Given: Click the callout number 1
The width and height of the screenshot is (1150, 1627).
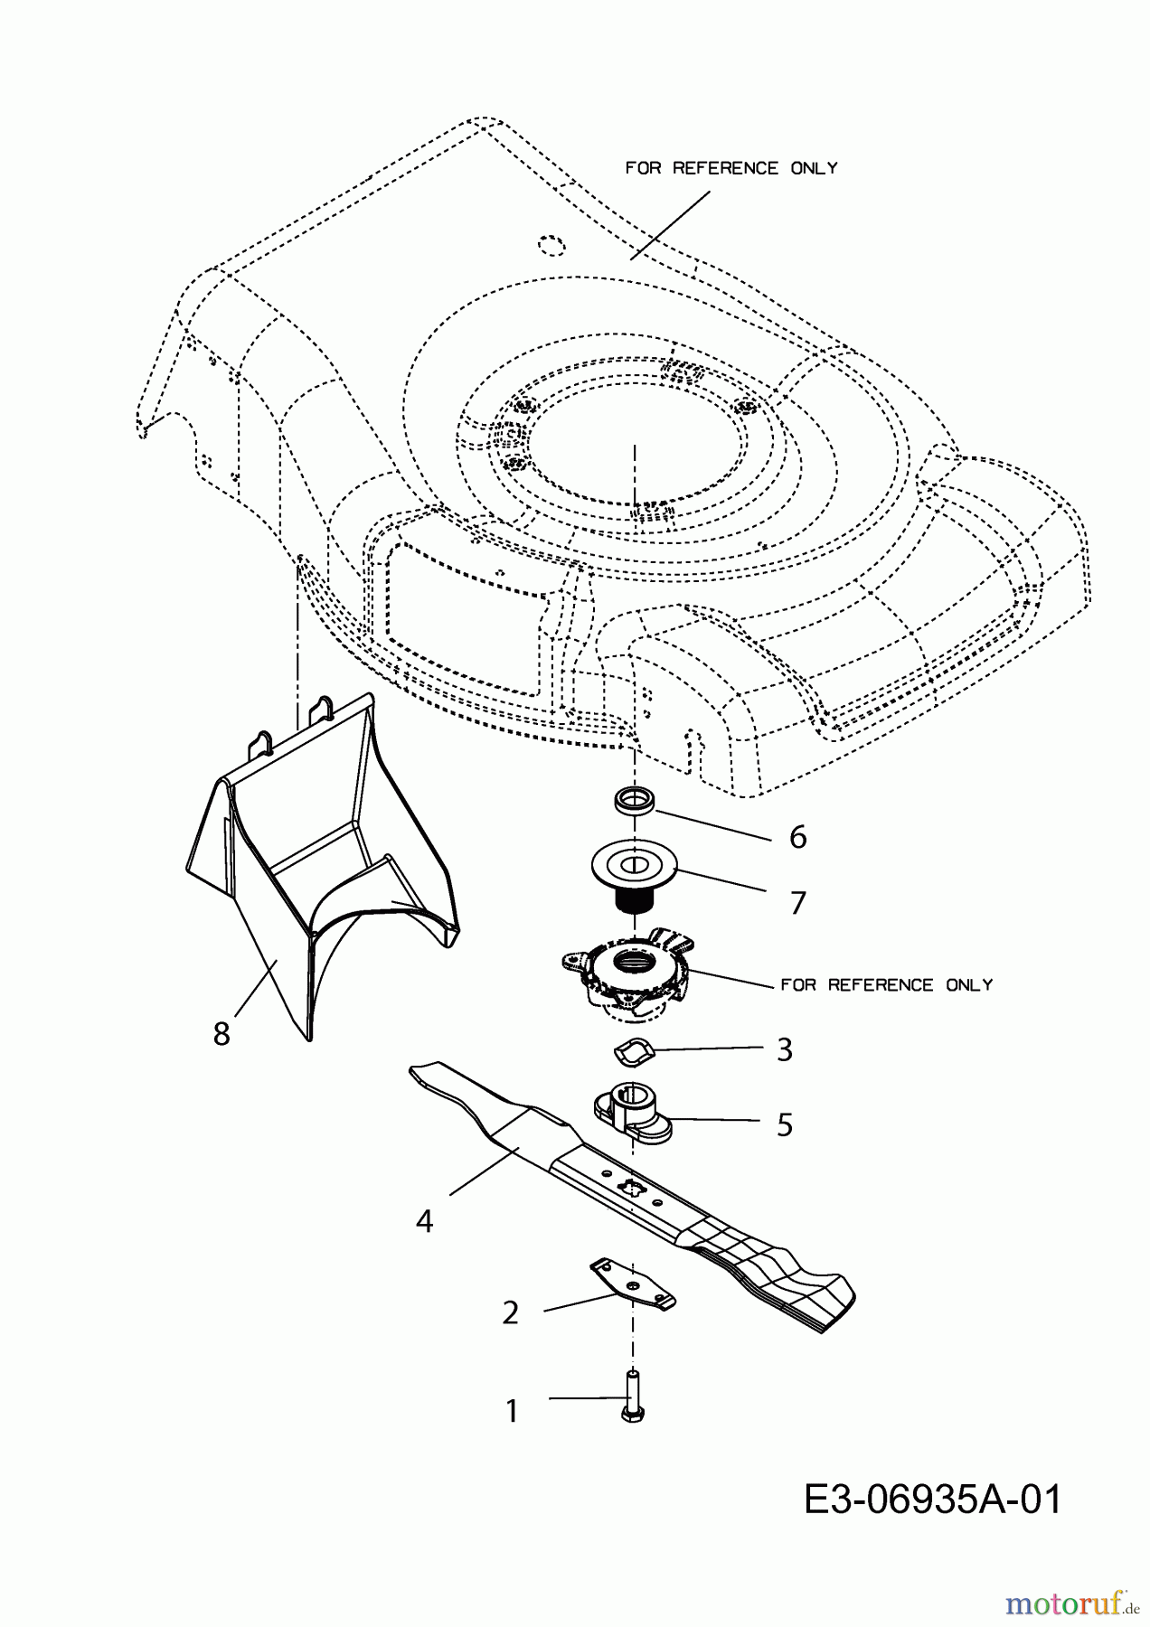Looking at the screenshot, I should point(512,1410).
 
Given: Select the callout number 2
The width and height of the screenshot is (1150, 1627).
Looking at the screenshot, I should point(510,1312).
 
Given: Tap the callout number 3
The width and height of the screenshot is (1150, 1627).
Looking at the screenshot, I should point(784,1049).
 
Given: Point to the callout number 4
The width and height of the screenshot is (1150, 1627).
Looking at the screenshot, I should point(424,1222).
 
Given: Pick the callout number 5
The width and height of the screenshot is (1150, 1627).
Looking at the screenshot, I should point(784,1124).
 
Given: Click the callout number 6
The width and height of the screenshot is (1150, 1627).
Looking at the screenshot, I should point(797,837).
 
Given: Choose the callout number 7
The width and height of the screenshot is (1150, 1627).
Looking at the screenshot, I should point(797,902).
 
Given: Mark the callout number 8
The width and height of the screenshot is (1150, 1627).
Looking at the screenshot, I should point(222,1033).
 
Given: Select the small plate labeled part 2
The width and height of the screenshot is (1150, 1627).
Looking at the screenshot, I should point(632,1284).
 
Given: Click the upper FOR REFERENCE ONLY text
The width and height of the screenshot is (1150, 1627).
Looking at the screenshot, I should point(731,168).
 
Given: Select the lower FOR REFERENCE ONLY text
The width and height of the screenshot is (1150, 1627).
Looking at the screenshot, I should point(886,984).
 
